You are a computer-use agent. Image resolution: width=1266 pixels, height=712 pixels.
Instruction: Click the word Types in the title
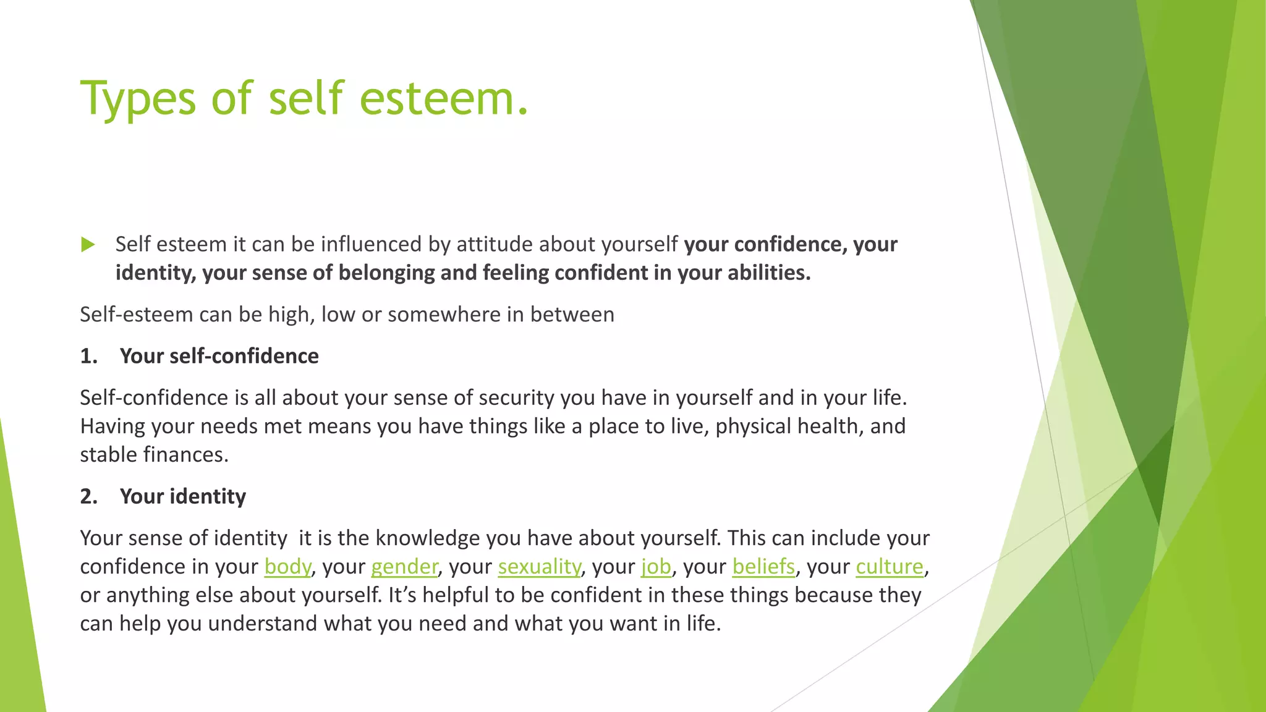click(x=138, y=99)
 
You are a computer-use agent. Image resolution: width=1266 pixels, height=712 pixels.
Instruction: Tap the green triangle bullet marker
click(x=88, y=245)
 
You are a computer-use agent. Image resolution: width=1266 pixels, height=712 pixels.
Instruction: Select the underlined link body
click(x=287, y=566)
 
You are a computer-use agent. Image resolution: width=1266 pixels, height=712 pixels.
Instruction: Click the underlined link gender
click(x=404, y=566)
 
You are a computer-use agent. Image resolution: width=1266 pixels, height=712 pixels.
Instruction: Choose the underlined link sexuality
click(x=539, y=566)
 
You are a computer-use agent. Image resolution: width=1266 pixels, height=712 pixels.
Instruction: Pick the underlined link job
click(x=656, y=566)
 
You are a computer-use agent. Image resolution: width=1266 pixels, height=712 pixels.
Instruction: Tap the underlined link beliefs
click(x=763, y=566)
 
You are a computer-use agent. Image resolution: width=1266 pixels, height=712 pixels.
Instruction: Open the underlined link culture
click(x=890, y=566)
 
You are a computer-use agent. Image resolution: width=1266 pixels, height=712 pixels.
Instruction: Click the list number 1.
click(x=88, y=357)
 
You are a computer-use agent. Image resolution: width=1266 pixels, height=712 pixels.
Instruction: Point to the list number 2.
click(x=88, y=497)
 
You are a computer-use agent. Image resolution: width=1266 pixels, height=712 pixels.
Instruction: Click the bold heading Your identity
click(x=183, y=497)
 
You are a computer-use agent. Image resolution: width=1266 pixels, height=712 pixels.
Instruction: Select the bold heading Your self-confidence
click(x=219, y=357)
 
